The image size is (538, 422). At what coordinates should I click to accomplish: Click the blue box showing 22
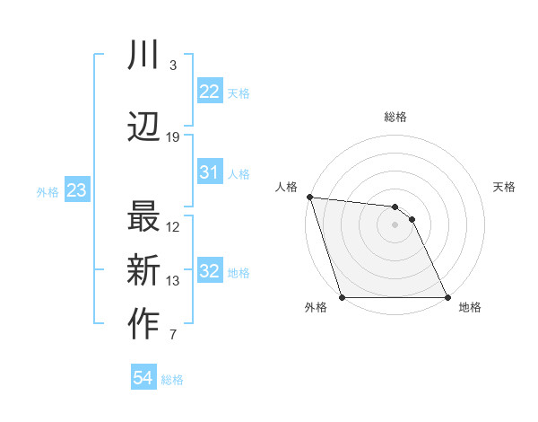[210, 92]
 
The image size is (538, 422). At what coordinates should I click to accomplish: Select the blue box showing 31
[210, 172]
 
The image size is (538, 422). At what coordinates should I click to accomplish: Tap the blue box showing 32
[210, 271]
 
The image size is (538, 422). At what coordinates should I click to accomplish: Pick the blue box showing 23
[77, 190]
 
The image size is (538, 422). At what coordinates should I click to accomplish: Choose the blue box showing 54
[143, 378]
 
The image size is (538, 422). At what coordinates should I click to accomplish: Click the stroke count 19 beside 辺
[173, 137]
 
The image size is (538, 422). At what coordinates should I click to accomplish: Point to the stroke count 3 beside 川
[172, 66]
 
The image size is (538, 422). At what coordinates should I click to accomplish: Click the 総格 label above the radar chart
[395, 117]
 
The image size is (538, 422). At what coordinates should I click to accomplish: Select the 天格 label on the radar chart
[504, 187]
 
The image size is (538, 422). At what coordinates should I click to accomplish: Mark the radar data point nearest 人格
[309, 197]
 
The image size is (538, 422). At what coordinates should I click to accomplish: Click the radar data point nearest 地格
[447, 297]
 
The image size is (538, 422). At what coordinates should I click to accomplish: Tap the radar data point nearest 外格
[342, 297]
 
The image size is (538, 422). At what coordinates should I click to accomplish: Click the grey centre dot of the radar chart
[395, 224]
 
